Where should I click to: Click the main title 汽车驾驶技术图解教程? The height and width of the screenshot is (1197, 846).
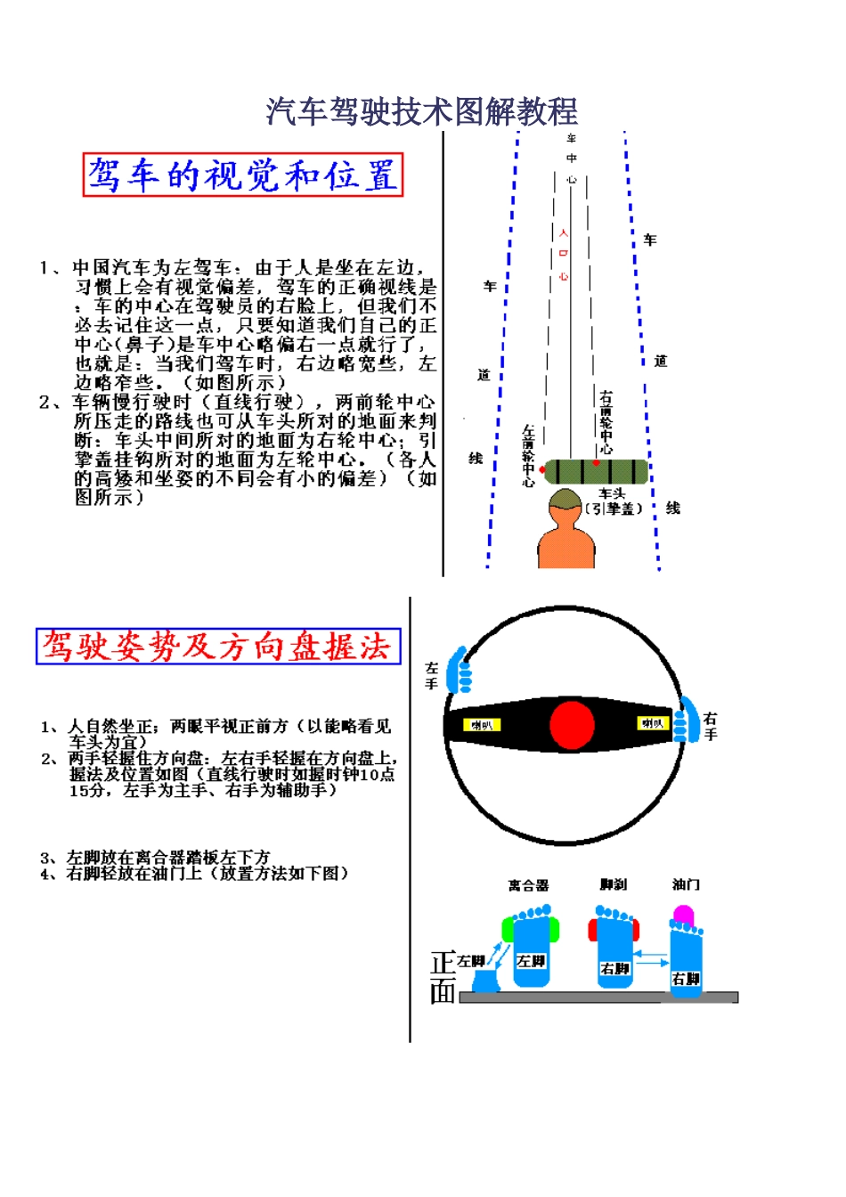422,112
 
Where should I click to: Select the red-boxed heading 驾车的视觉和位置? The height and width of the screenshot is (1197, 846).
243,175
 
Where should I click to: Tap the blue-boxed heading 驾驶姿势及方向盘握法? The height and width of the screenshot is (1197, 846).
218,646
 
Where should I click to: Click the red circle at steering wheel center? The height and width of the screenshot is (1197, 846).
572,724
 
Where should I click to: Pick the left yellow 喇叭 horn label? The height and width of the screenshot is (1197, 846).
482,725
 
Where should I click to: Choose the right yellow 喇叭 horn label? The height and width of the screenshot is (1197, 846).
652,723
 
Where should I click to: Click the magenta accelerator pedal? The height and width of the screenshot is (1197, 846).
683,914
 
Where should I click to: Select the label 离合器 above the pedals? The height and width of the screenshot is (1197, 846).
528,885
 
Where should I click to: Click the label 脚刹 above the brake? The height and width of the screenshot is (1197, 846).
613,884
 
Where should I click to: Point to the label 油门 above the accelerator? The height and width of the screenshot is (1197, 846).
686,884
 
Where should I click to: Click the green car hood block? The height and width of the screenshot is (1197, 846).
596,471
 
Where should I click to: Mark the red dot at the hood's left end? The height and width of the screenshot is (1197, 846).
542,470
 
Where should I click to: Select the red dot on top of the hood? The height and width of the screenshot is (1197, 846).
596,462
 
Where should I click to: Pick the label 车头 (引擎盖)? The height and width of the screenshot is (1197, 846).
614,501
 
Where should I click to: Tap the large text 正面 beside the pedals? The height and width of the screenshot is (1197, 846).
443,977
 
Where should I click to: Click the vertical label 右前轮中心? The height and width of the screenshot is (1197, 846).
606,422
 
